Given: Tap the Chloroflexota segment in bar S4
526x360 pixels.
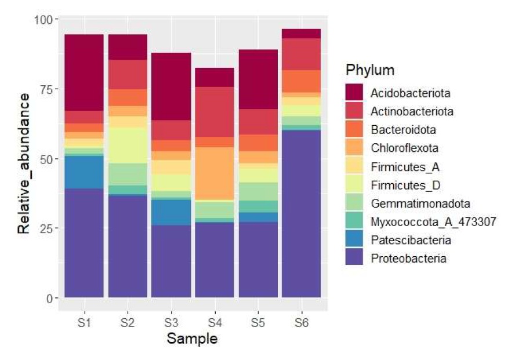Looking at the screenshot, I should (214, 173).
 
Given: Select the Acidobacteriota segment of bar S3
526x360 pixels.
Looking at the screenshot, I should (171, 86).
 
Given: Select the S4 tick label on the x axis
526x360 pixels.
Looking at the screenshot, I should (214, 323).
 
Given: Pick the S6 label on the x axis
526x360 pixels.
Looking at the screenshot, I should (301, 323).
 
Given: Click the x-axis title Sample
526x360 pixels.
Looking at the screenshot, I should (192, 339).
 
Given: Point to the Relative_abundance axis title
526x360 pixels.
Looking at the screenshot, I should (24, 158).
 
